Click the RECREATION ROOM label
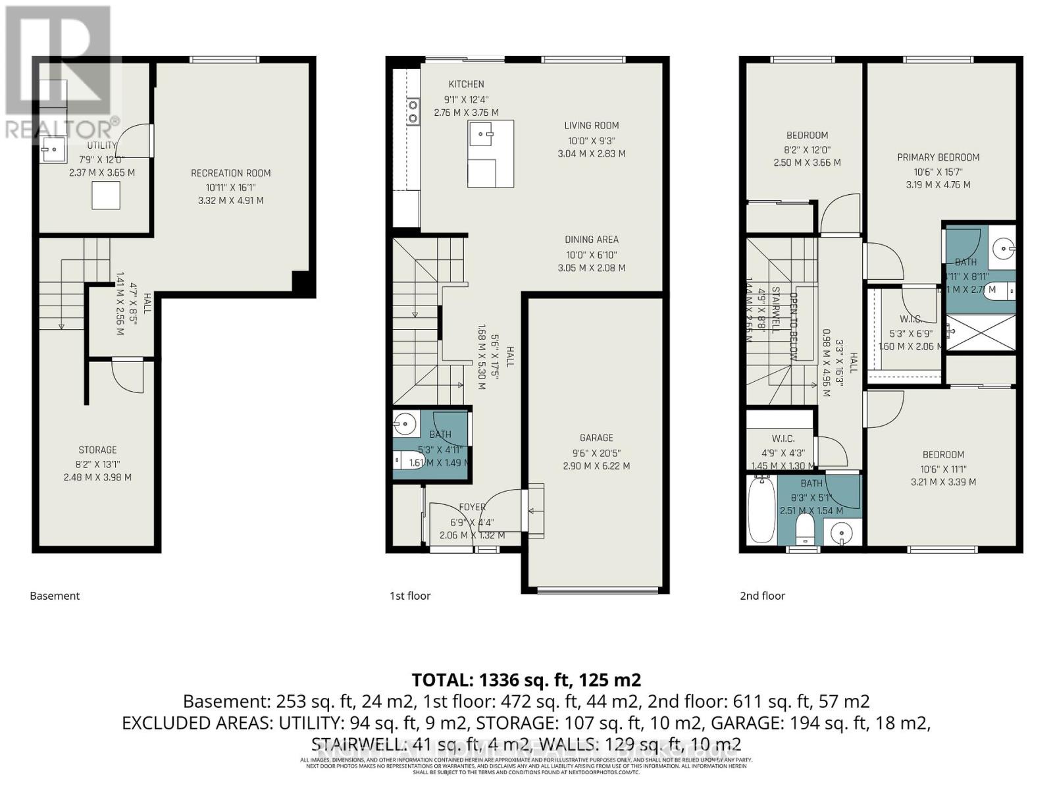tap(230, 173)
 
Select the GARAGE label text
tap(596, 438)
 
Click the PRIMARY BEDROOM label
tap(938, 157)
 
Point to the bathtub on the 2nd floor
tap(761, 511)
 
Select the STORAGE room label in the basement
tap(97, 450)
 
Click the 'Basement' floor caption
tap(55, 596)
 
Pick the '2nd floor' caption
tap(762, 596)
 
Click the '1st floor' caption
tap(410, 596)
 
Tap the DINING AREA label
tap(591, 240)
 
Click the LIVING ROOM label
tap(591, 126)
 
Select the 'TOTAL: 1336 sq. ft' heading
tap(526, 679)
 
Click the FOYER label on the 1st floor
tap(472, 508)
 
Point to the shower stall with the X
tap(981, 332)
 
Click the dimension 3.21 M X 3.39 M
tap(942, 482)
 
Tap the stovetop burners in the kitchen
tap(413, 111)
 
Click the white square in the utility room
tap(105, 196)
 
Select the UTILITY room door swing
tap(135, 142)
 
